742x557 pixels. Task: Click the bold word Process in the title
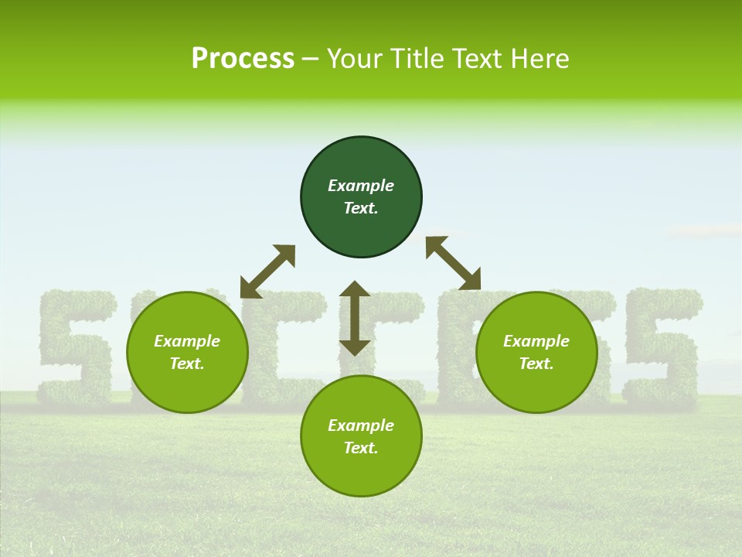pyautogui.click(x=243, y=59)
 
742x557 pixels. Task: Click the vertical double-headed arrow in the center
pyautogui.click(x=355, y=318)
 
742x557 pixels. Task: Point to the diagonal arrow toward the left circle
pyautogui.click(x=268, y=271)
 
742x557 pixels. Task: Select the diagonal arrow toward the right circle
pyautogui.click(x=453, y=263)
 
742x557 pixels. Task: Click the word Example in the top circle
pyautogui.click(x=361, y=186)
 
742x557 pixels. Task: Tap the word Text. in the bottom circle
pyautogui.click(x=361, y=448)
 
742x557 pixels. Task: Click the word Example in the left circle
pyautogui.click(x=187, y=341)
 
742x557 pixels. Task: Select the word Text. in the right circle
pyautogui.click(x=536, y=364)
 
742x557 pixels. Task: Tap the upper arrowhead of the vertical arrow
pyautogui.click(x=355, y=289)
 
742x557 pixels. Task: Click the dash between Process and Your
pyautogui.click(x=310, y=59)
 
